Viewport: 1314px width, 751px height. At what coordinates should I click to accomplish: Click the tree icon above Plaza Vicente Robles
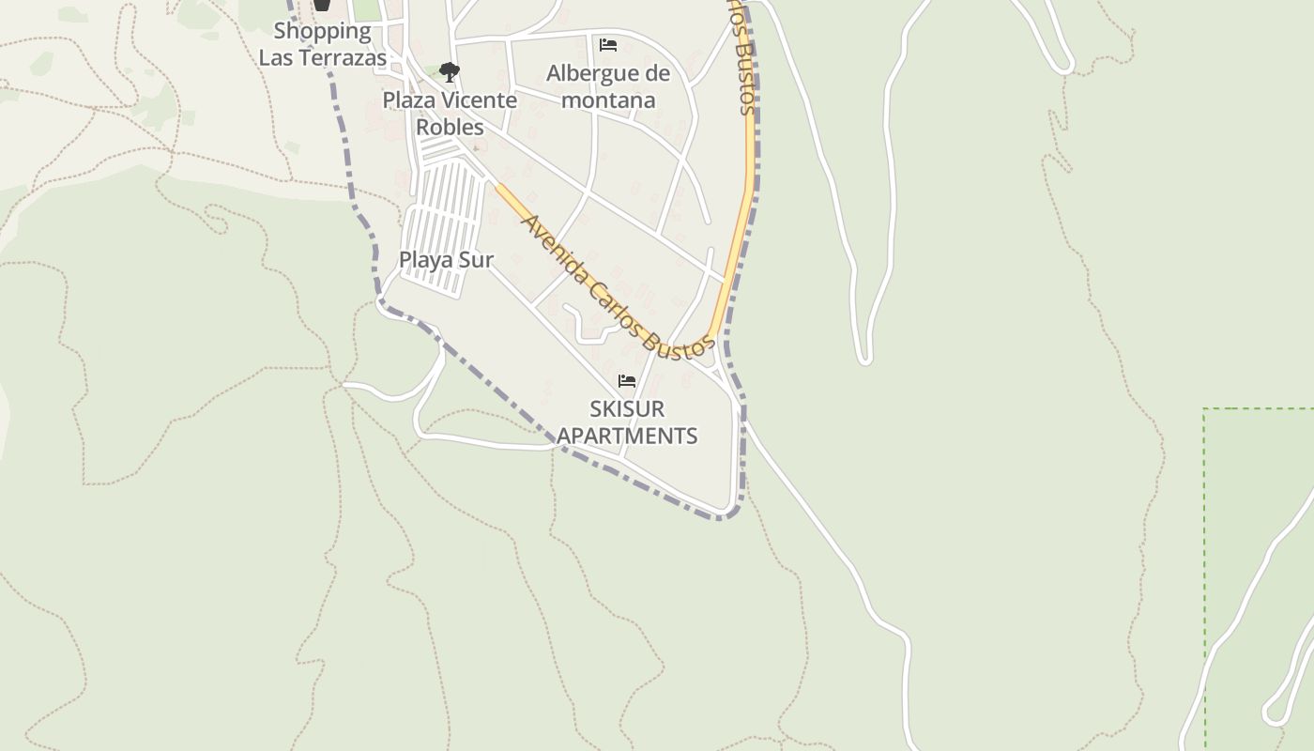coord(450,71)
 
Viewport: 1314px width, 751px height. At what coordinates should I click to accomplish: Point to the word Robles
coord(450,127)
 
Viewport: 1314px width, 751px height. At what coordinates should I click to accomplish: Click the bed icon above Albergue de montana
coord(608,45)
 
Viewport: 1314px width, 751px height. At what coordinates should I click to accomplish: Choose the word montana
coord(608,100)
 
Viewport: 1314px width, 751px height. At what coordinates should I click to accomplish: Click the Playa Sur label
coord(446,260)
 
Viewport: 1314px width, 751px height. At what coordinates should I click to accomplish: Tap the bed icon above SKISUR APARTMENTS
coord(627,381)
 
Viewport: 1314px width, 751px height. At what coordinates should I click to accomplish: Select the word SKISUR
coord(627,409)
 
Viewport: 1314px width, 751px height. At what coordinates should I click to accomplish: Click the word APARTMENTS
coord(627,436)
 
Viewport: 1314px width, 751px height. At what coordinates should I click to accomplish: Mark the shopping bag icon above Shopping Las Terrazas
coord(323,5)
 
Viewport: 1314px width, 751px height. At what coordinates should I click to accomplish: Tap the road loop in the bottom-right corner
coord(1273,713)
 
